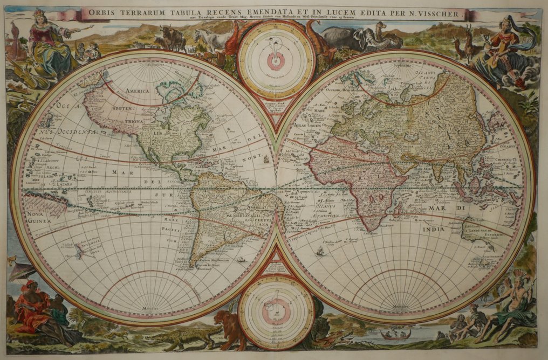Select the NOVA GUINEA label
tap(36, 217)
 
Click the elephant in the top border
tap(346, 38)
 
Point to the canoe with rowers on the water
tap(395, 335)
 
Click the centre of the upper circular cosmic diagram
tap(276, 60)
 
